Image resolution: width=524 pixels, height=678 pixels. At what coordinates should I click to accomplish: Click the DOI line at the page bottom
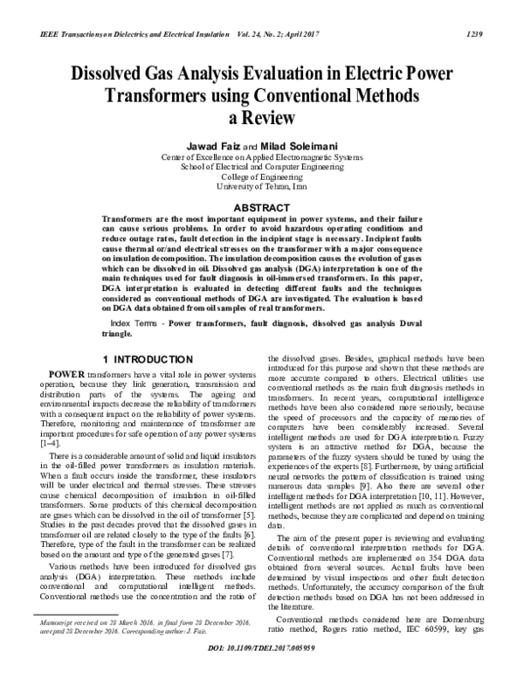261,651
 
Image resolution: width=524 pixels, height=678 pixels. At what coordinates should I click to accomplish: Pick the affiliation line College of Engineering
261,176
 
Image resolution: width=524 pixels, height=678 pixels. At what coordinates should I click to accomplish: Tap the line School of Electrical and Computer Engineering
261,166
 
